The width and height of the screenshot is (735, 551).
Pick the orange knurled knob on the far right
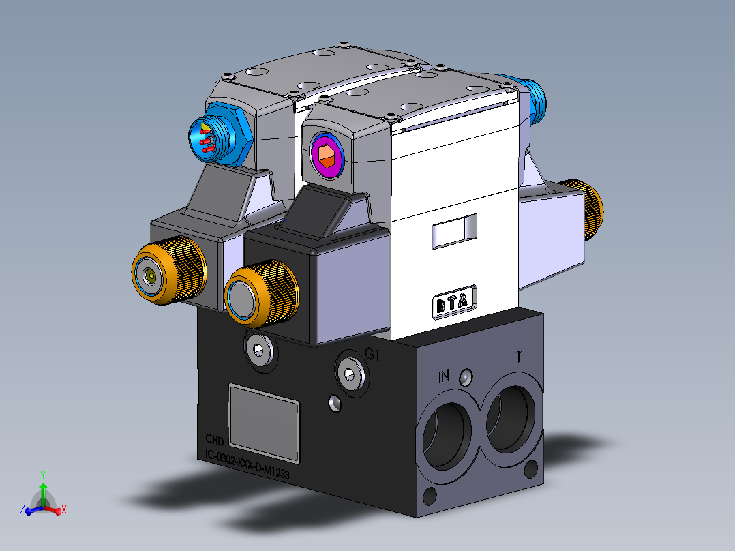(x=590, y=210)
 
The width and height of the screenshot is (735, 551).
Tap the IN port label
(x=445, y=375)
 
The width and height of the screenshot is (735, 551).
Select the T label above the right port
(x=520, y=357)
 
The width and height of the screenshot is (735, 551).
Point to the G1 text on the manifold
(x=372, y=354)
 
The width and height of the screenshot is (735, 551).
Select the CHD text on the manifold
(x=215, y=440)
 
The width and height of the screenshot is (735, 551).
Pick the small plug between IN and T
(x=466, y=376)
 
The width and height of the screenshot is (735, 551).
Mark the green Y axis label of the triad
(x=42, y=474)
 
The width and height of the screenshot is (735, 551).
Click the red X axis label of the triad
(x=63, y=509)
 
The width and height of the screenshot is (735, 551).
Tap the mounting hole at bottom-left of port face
(x=428, y=494)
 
